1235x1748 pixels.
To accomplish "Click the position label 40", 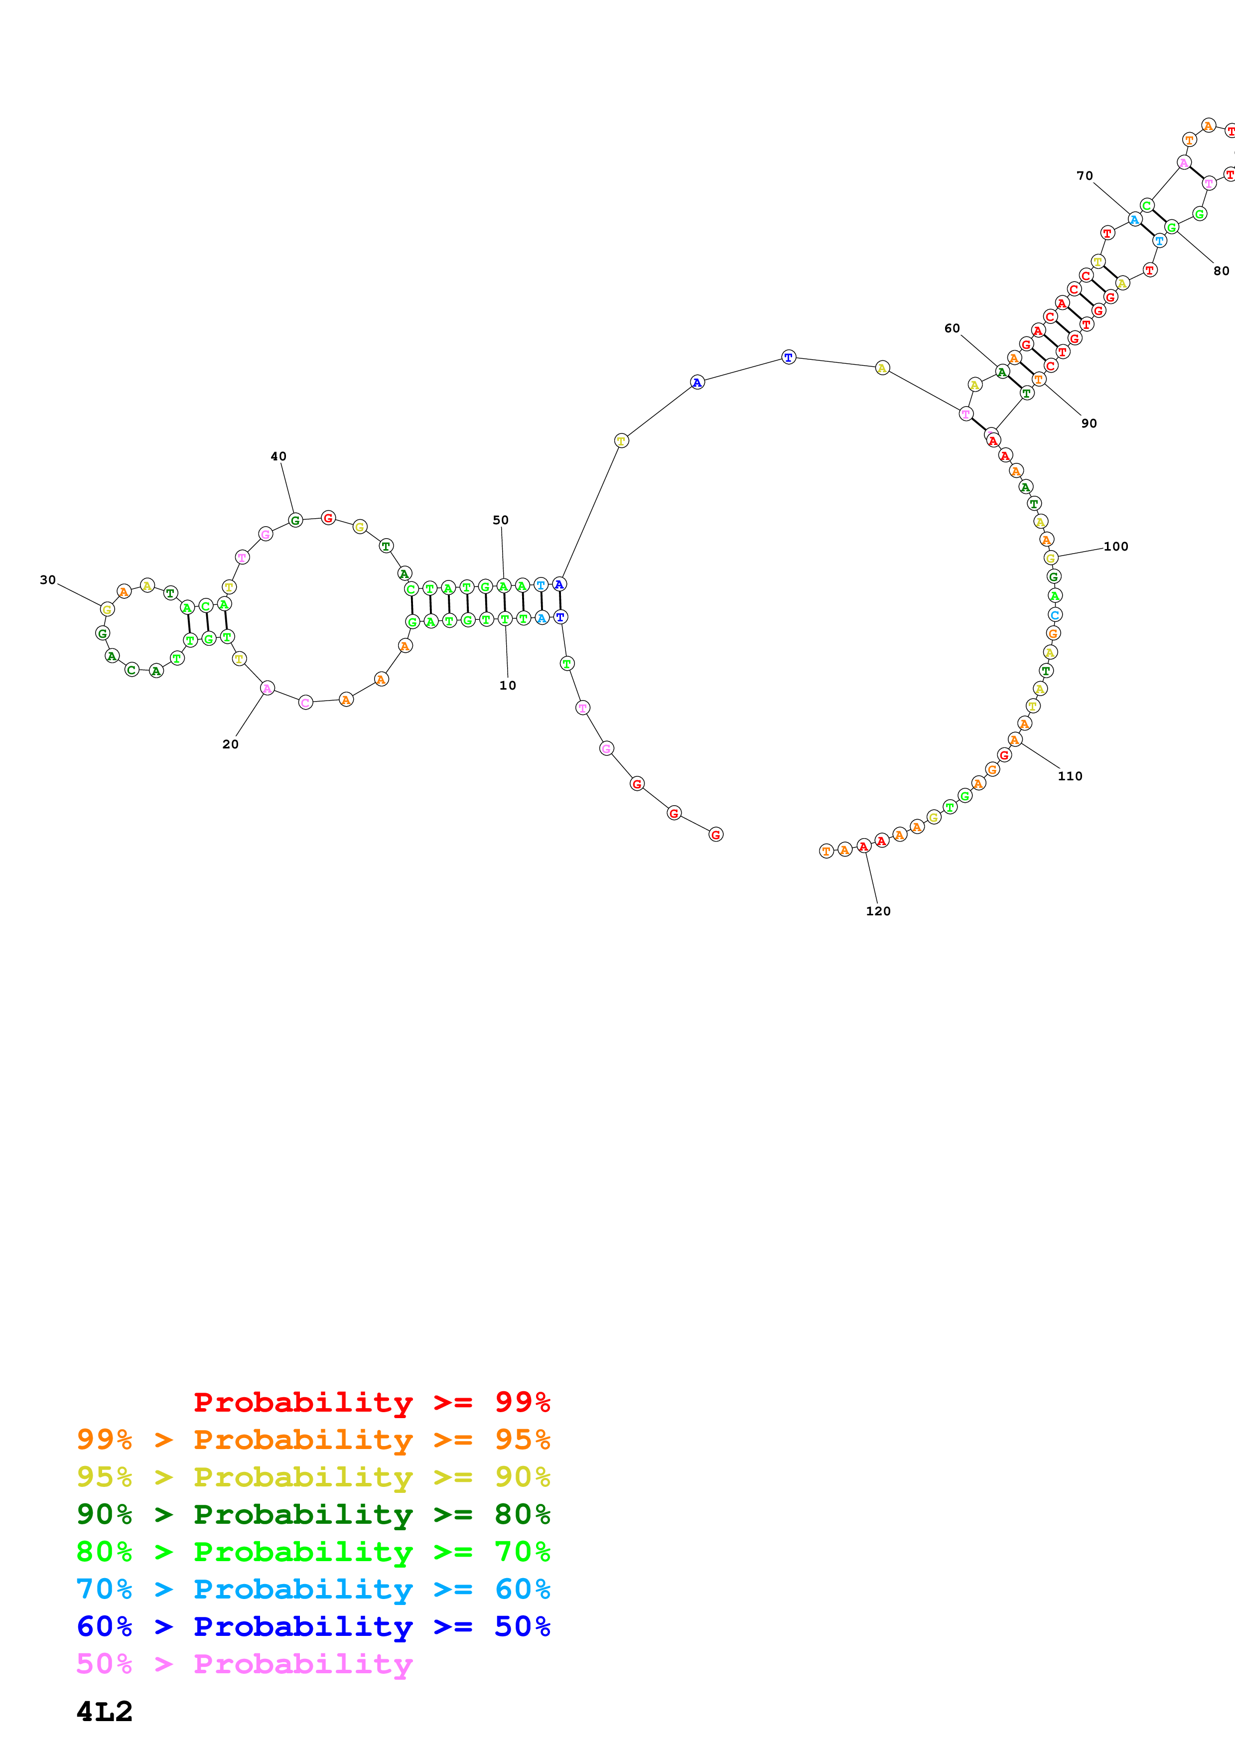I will [x=278, y=456].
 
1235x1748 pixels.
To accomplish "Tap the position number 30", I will [x=48, y=580].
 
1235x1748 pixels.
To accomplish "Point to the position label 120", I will [x=878, y=910].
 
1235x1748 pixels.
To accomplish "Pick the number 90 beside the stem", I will [x=1089, y=423].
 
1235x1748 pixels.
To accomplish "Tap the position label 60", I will [x=952, y=328].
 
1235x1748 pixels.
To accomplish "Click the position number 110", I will [x=1070, y=776].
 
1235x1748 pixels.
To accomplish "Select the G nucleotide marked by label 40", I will [x=295, y=520].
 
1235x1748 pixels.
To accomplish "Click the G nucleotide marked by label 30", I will [x=107, y=609].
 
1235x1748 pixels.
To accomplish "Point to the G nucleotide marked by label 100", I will [x=1051, y=558].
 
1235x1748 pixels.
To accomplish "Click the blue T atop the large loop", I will [x=788, y=357].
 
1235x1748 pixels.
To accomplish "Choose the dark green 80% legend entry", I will [x=313, y=1514].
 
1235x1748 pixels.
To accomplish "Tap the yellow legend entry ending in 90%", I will [x=313, y=1477].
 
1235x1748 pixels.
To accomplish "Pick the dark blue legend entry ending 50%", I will [x=313, y=1626].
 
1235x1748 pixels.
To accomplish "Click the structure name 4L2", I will [x=104, y=1712].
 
